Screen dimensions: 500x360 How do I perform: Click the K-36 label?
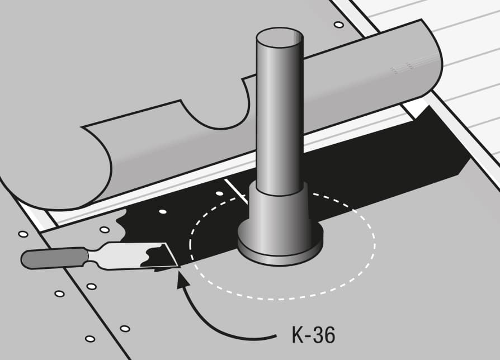click(x=313, y=334)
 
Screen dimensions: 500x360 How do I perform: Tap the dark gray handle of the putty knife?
click(x=54, y=258)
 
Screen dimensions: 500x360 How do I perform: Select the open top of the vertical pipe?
click(x=280, y=37)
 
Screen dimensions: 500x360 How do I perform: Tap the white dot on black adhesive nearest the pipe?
click(x=219, y=193)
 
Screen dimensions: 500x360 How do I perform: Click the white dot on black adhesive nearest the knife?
click(x=163, y=211)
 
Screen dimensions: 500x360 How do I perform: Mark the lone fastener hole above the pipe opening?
click(x=338, y=25)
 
